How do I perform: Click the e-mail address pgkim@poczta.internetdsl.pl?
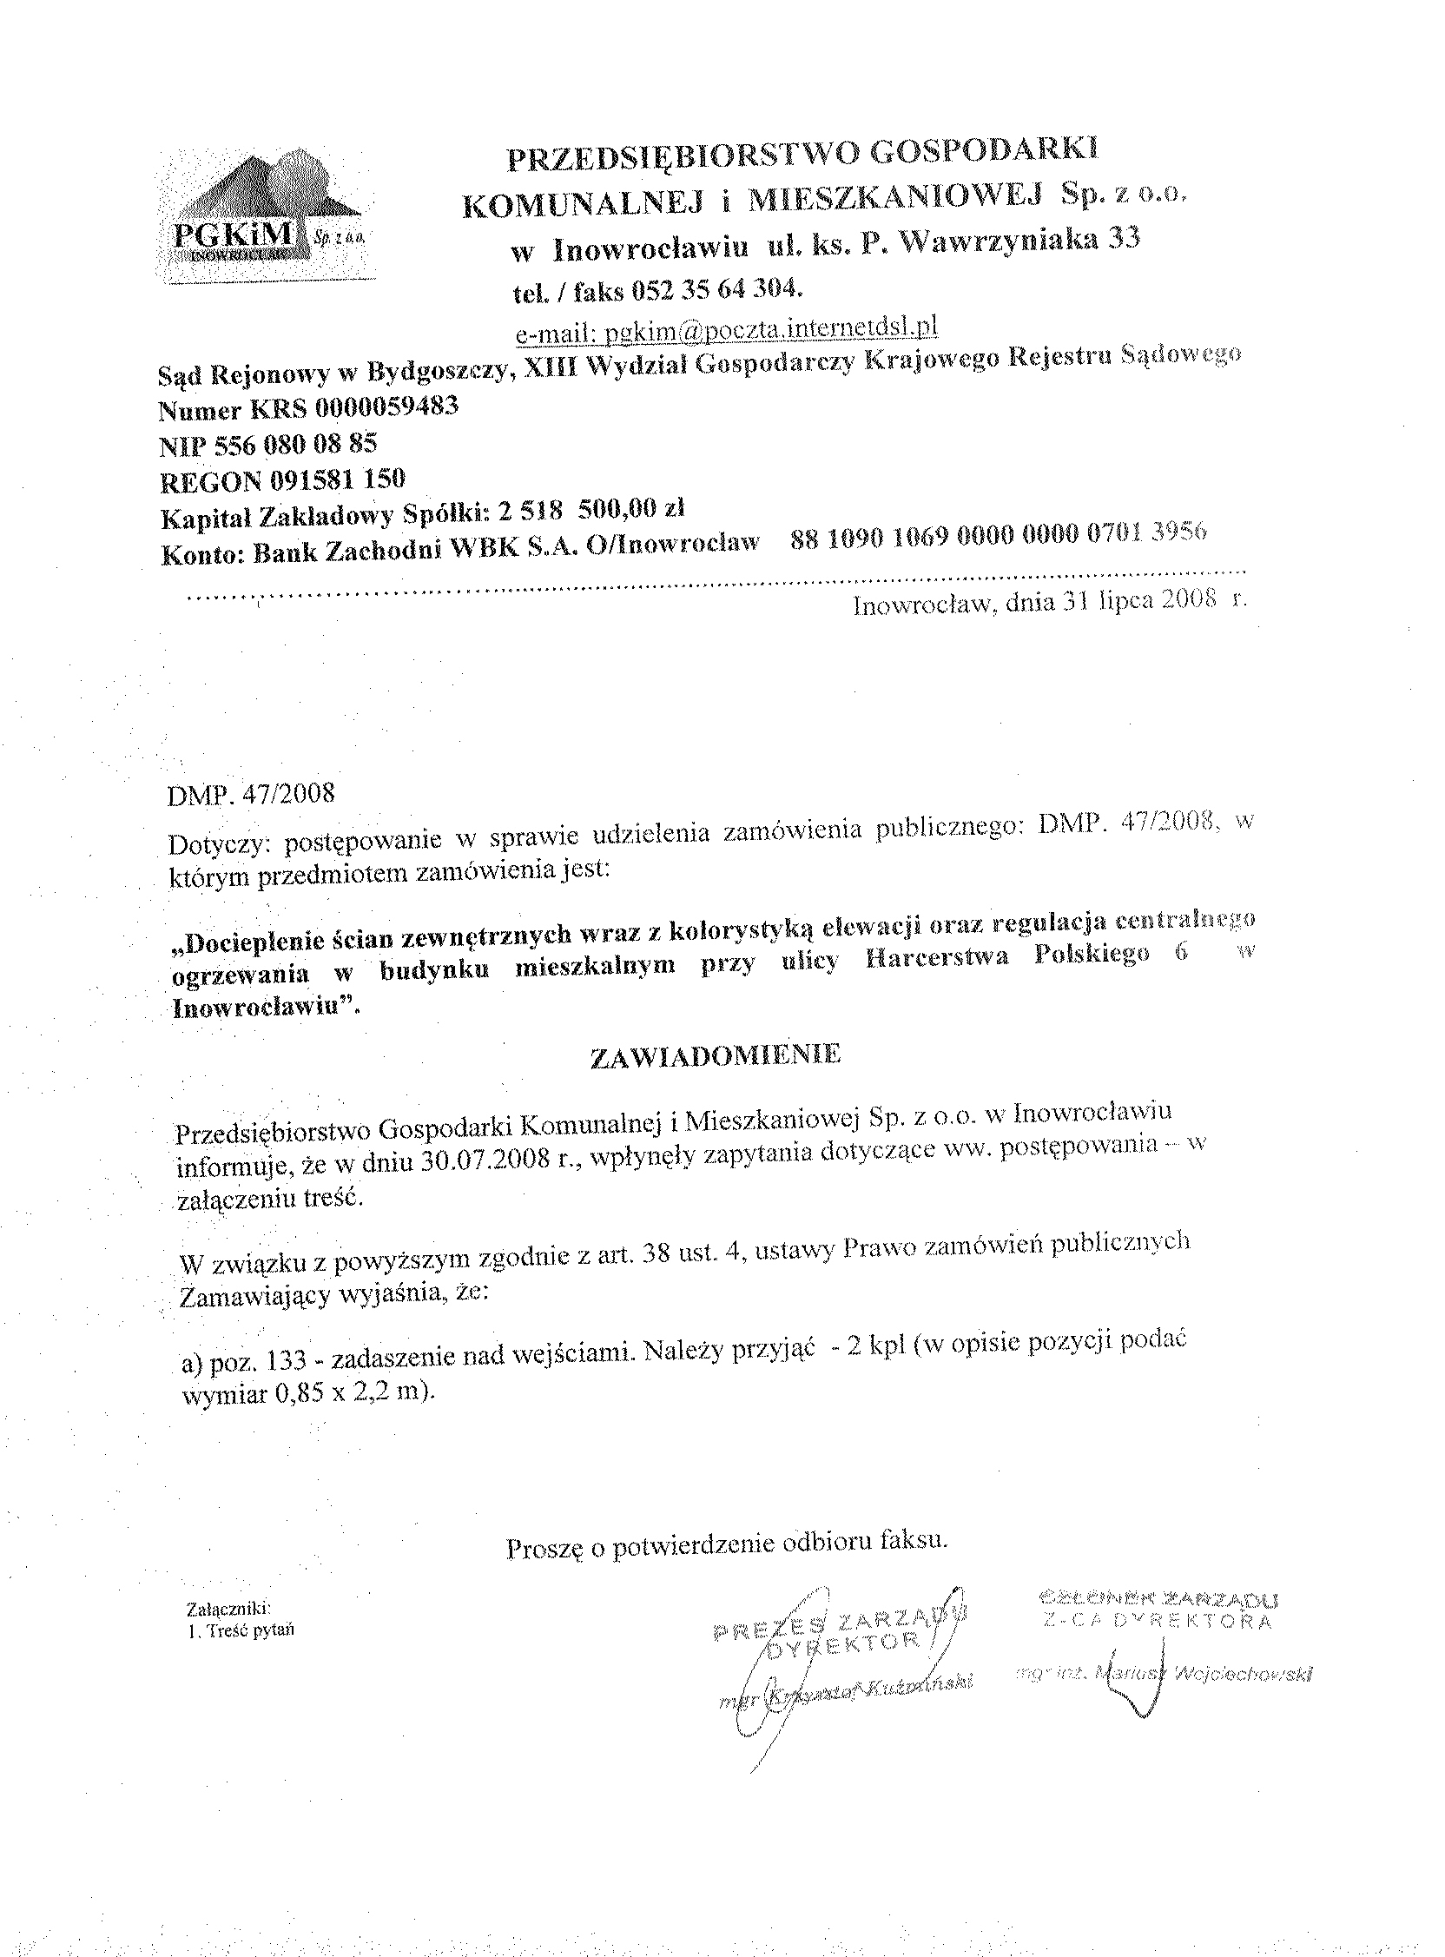click(726, 330)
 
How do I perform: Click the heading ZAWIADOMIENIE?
click(715, 1056)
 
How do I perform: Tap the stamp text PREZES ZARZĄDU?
click(840, 1621)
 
